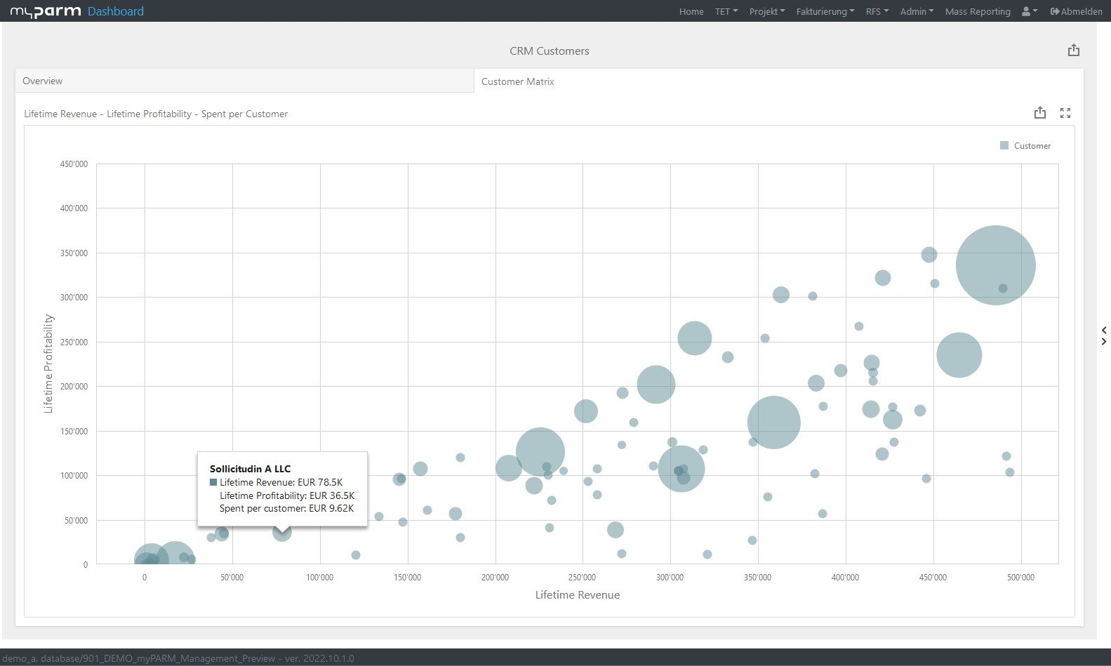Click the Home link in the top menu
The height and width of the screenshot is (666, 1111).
coord(691,11)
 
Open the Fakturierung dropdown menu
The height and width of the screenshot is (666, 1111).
coord(825,11)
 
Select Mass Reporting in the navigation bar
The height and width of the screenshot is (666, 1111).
coord(977,11)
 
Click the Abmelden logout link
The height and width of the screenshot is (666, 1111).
coord(1076,11)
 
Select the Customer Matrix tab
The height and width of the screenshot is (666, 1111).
coord(517,81)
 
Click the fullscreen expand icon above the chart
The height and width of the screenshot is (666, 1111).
coord(1065,113)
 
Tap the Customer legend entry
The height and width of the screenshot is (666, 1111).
coord(1025,146)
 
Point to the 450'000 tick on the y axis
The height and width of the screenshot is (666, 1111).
coord(74,164)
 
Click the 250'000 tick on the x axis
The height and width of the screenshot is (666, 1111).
coord(582,578)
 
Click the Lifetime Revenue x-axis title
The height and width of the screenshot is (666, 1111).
coord(577,595)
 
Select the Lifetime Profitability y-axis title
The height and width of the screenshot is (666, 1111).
coord(48,364)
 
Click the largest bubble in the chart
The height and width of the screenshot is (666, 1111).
coord(995,265)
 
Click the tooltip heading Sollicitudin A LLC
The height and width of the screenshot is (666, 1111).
coord(250,469)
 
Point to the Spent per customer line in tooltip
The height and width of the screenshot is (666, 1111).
coord(286,508)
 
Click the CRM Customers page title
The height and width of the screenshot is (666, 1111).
coord(549,51)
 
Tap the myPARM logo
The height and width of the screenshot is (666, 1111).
coord(45,11)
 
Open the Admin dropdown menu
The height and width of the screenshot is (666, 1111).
coord(917,11)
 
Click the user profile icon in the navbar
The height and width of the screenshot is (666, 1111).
coord(1029,11)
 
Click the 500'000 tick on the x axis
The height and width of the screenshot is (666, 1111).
coord(1020,578)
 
